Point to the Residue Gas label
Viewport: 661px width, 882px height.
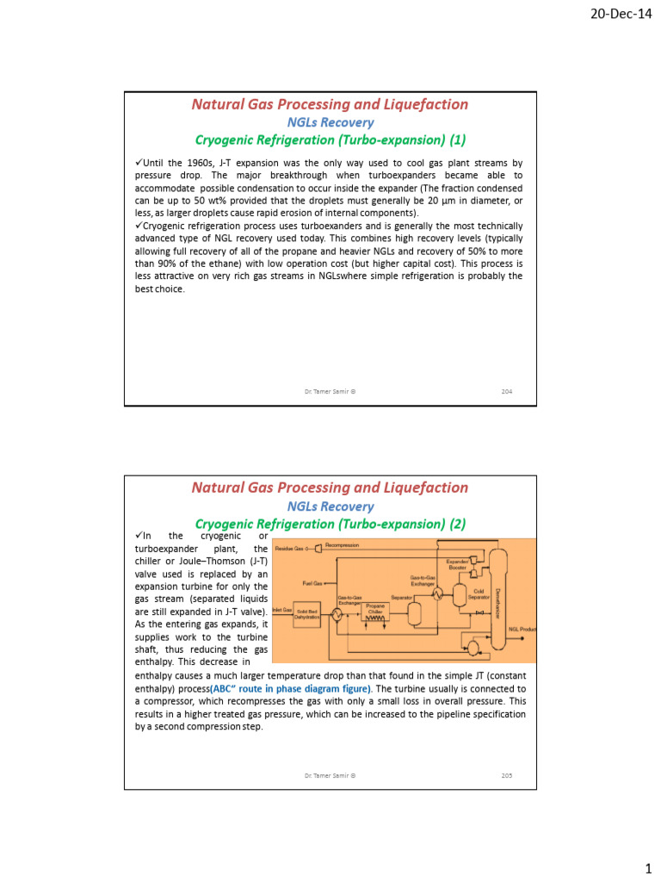(x=289, y=548)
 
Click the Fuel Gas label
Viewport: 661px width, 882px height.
(x=312, y=582)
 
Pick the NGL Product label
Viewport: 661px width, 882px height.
(x=522, y=630)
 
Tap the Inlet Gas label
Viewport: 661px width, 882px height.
(x=282, y=610)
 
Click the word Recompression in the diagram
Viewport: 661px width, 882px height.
(x=342, y=545)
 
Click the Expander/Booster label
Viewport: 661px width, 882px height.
(x=457, y=565)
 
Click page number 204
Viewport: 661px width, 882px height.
(x=507, y=391)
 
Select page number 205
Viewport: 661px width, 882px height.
(x=507, y=775)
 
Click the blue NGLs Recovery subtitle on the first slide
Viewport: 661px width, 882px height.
(x=330, y=122)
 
